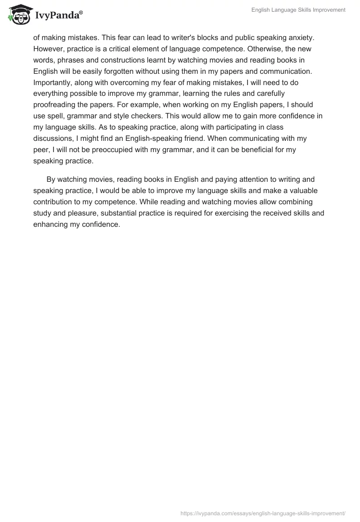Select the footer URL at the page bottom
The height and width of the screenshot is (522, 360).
pyautogui.click(x=263, y=513)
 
